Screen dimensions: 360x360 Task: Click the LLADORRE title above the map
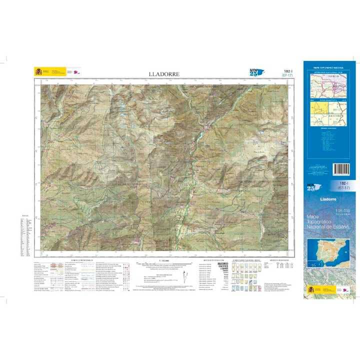[x=164, y=74]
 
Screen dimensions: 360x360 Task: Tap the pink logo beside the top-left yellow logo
[x=75, y=72]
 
